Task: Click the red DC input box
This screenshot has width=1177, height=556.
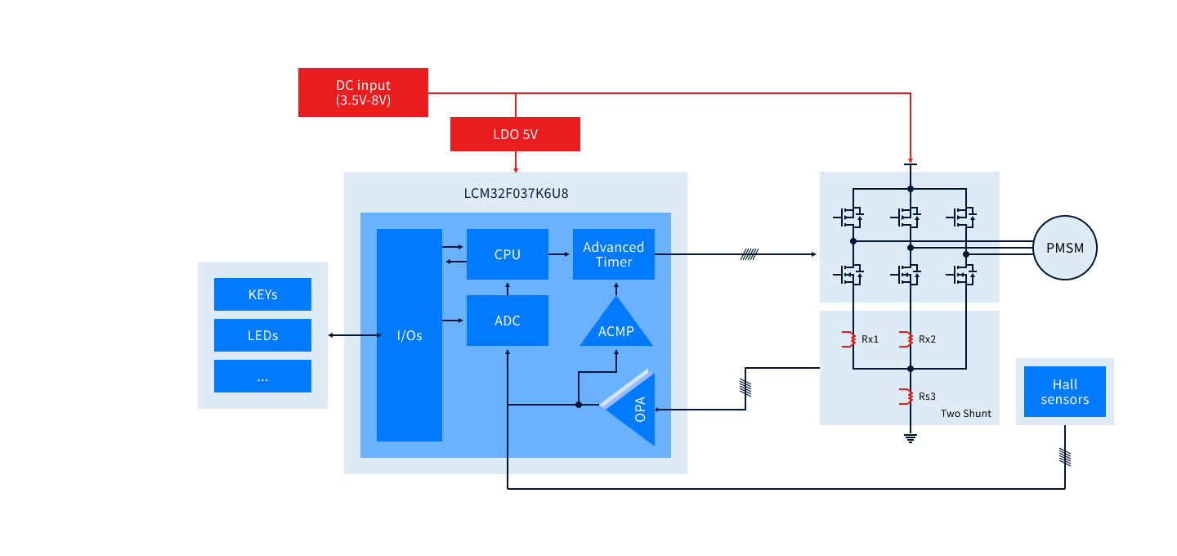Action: click(363, 92)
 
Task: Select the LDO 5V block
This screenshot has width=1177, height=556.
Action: click(515, 134)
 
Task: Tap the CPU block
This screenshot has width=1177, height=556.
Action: click(507, 254)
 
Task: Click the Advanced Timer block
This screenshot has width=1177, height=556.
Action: click(613, 254)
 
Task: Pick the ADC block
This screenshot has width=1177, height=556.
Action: click(507, 321)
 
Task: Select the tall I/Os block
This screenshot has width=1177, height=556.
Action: click(409, 335)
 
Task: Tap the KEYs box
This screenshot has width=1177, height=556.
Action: click(262, 294)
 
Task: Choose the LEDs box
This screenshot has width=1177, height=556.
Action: click(262, 335)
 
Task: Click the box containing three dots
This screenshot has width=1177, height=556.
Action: click(262, 376)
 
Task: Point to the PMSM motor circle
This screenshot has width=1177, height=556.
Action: click(1064, 248)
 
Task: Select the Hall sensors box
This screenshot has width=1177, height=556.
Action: click(1064, 392)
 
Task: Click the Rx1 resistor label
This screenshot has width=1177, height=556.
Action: click(870, 339)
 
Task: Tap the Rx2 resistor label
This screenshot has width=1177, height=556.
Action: click(927, 339)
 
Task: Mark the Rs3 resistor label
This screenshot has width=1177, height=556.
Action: click(927, 397)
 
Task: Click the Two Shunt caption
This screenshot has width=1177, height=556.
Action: click(965, 414)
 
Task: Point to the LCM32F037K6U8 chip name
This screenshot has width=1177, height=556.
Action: click(515, 193)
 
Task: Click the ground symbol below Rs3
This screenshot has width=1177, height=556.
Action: click(910, 438)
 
